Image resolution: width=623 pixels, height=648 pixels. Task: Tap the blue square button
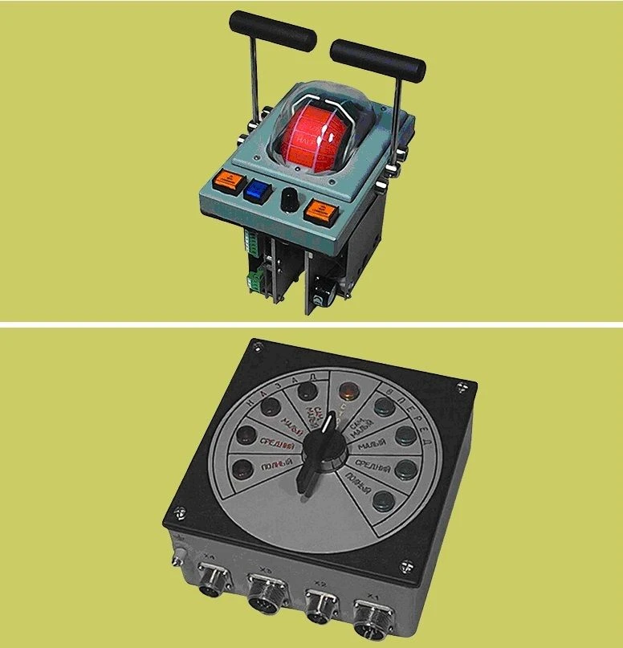256,190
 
